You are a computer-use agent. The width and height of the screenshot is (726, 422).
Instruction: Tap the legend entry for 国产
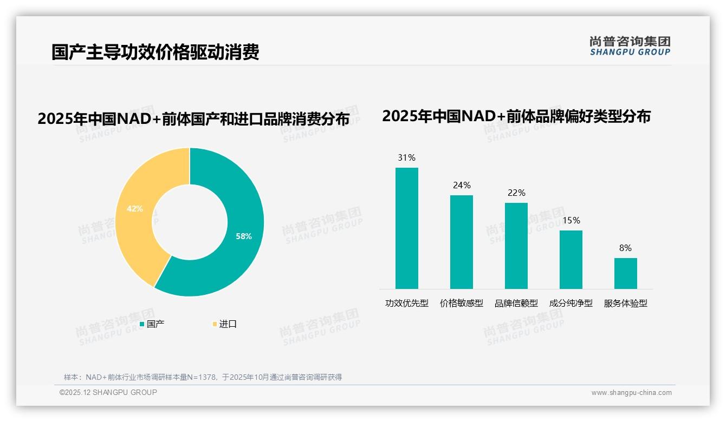[x=152, y=324]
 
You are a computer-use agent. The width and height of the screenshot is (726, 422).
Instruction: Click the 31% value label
[x=406, y=158]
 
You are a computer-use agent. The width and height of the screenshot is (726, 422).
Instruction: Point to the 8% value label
[x=625, y=248]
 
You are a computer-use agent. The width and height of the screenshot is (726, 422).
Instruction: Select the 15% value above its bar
[x=571, y=221]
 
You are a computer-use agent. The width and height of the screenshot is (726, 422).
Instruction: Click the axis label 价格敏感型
[x=461, y=304]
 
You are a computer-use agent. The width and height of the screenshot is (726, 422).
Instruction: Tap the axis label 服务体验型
[x=625, y=304]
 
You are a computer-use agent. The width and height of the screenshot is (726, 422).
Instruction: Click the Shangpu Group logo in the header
[x=630, y=46]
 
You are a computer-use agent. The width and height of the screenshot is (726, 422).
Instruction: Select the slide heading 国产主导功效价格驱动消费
[x=155, y=52]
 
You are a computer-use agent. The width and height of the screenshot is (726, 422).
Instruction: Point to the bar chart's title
[x=516, y=116]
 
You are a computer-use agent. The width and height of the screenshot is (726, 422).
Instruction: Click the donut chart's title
[x=193, y=119]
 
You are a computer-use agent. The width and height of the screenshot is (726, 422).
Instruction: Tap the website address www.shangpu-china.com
[x=631, y=393]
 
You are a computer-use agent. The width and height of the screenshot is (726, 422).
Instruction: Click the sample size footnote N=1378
[x=203, y=377]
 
